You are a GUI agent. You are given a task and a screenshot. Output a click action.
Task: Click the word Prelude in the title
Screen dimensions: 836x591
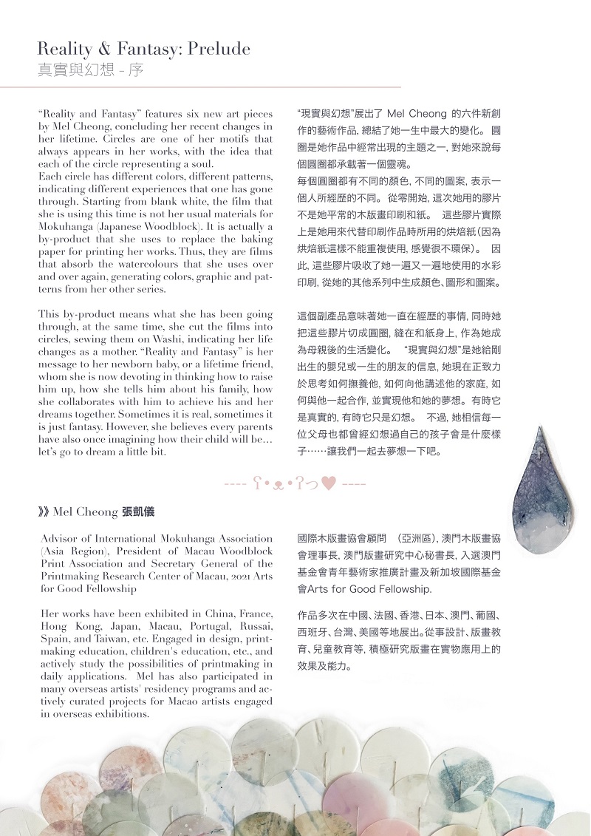[x=219, y=50]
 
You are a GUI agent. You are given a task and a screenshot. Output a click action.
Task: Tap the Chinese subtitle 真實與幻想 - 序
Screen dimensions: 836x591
[x=90, y=71]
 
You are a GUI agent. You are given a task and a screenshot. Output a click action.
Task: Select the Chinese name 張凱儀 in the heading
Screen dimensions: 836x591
[x=138, y=512]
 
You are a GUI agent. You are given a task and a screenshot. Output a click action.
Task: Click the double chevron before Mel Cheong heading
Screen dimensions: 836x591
[x=44, y=512]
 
